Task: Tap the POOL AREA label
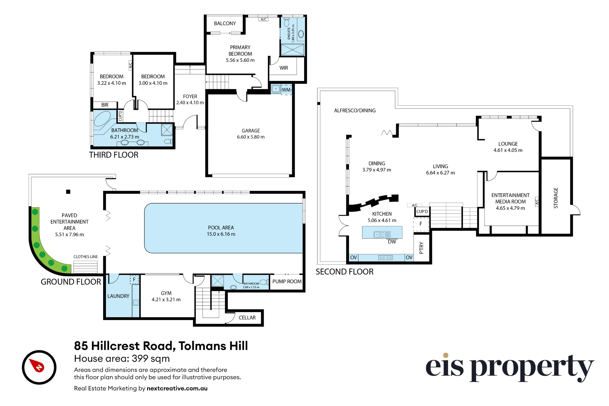click(x=221, y=228)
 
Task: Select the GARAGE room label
click(x=251, y=131)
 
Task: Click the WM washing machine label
click(x=286, y=90)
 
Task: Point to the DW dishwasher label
click(x=392, y=242)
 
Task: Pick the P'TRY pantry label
click(x=421, y=248)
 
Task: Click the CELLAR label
click(x=247, y=318)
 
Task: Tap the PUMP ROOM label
click(x=287, y=281)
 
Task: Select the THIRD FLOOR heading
click(x=114, y=155)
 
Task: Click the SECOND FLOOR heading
click(x=345, y=272)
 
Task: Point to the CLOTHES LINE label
click(x=86, y=257)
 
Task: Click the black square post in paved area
click(x=68, y=192)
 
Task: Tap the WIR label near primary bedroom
click(x=284, y=68)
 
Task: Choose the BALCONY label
click(x=225, y=23)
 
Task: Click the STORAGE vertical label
click(x=556, y=198)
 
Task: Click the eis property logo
click(x=510, y=368)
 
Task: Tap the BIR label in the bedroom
click(x=105, y=105)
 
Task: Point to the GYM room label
click(x=166, y=293)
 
